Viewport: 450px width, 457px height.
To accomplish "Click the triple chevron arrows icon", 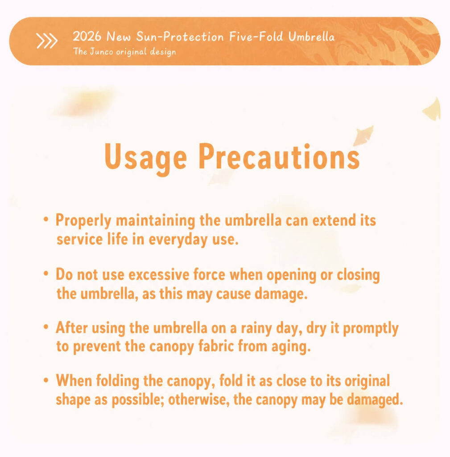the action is pyautogui.click(x=47, y=41).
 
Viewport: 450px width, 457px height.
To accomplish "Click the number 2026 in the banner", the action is pyautogui.click(x=87, y=37).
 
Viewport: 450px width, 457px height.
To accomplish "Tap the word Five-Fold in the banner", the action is pyautogui.click(x=256, y=37).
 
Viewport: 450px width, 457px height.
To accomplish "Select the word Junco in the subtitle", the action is pyautogui.click(x=101, y=52).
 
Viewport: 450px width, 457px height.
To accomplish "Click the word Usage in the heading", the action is pyautogui.click(x=145, y=157).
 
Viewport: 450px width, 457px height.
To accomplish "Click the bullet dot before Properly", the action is pyautogui.click(x=46, y=219).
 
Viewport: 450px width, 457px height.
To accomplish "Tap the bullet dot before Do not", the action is pyautogui.click(x=46, y=274).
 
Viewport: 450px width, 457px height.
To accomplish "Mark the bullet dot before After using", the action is pyautogui.click(x=46, y=327).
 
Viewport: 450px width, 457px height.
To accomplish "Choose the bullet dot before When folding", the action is pyautogui.click(x=46, y=380).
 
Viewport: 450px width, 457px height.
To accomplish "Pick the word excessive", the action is pyautogui.click(x=159, y=275).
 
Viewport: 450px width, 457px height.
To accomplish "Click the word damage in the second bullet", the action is pyautogui.click(x=281, y=294).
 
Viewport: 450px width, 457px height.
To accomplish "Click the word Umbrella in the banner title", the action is pyautogui.click(x=311, y=37).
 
